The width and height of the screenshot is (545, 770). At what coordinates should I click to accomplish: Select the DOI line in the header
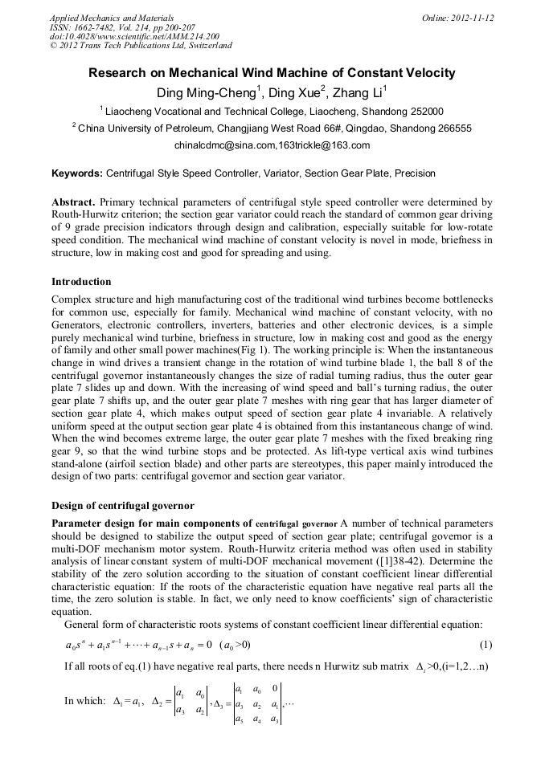click(x=134, y=37)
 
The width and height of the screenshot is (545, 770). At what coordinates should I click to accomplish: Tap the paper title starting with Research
click(x=272, y=73)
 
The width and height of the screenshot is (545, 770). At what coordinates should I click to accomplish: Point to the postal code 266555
click(x=452, y=128)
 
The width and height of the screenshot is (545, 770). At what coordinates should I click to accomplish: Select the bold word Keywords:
click(x=77, y=173)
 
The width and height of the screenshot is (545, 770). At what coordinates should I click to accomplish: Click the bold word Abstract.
click(x=76, y=202)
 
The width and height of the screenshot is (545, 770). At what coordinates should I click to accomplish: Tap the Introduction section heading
click(x=81, y=282)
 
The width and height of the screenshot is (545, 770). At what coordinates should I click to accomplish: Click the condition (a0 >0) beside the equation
click(x=235, y=645)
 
